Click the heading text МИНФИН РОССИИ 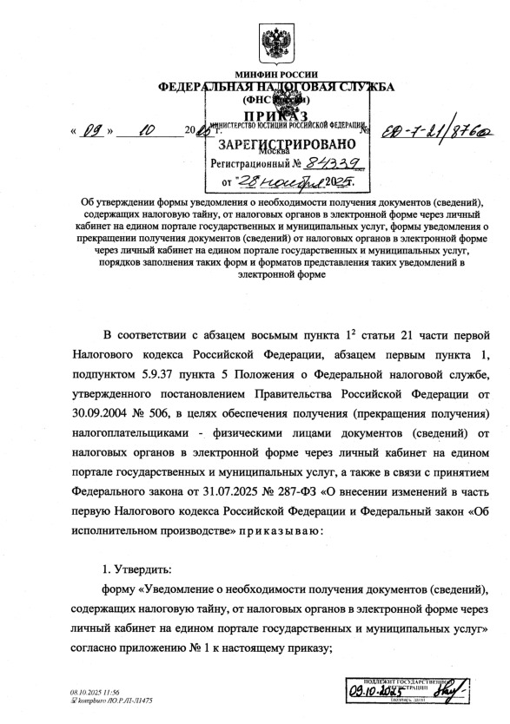[x=276, y=74]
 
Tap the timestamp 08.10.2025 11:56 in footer [x=95, y=693]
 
